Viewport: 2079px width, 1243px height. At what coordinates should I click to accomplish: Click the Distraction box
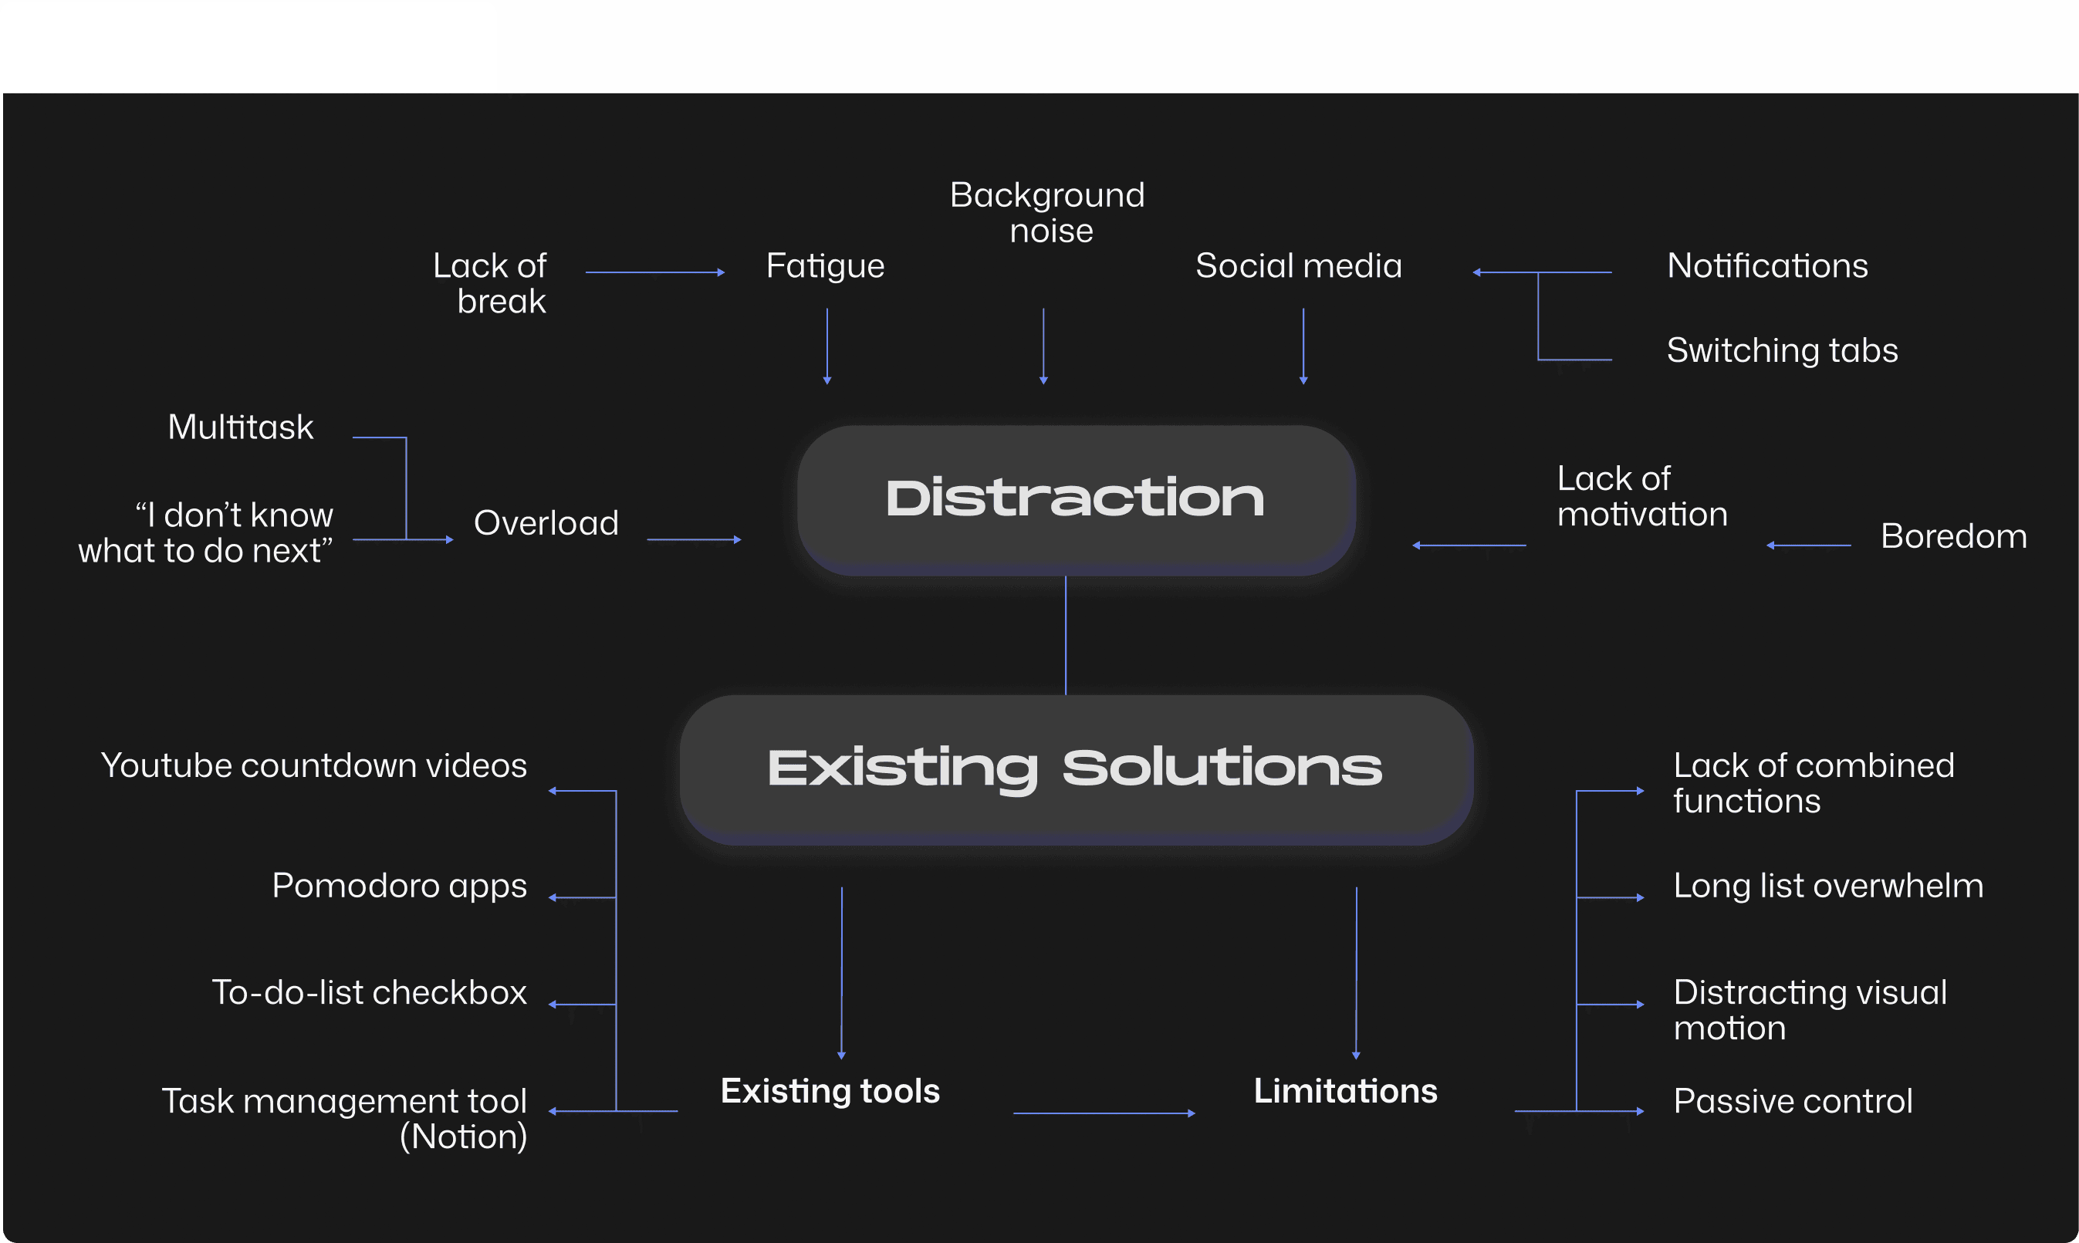1076,500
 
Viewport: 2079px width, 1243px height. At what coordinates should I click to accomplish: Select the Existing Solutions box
1076,769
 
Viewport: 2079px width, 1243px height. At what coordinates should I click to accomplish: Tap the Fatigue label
825,266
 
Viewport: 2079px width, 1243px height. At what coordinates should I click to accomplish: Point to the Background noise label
1047,213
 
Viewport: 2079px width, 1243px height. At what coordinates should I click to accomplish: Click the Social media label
1298,266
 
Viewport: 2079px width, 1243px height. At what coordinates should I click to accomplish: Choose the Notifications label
1767,266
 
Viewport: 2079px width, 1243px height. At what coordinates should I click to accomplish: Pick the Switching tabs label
1782,351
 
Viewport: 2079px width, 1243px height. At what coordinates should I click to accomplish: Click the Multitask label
241,427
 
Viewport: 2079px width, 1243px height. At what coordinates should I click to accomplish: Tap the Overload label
546,523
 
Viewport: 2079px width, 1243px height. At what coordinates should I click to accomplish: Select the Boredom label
1953,536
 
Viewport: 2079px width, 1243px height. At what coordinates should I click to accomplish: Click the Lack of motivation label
1641,497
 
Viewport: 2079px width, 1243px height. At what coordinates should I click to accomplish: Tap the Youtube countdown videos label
314,765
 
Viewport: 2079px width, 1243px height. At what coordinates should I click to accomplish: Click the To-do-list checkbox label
370,992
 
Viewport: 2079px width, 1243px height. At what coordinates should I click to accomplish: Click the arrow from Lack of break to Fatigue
654,272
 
